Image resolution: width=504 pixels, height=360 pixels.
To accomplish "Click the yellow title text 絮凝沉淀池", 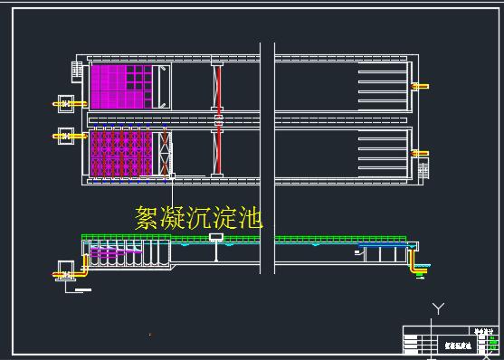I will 197,217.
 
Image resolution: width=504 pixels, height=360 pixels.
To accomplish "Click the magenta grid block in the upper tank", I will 123,86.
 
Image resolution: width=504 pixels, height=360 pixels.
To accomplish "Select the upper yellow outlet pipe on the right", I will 421,87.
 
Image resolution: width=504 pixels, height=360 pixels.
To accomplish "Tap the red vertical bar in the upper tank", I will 217,87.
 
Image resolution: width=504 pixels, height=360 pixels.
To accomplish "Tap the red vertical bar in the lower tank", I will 217,153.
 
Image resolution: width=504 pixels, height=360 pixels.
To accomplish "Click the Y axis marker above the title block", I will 439,308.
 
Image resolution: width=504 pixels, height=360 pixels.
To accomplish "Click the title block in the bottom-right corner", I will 449,340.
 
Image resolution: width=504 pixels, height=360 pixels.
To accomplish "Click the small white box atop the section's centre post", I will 216,238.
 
